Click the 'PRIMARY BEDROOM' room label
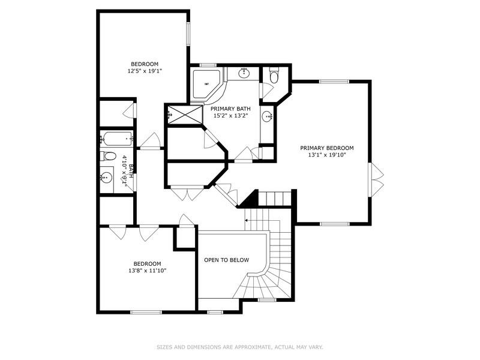click(x=326, y=148)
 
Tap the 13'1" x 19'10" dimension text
click(x=326, y=155)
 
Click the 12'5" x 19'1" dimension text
click(x=145, y=71)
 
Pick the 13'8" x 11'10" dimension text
click(x=147, y=271)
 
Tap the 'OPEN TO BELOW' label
click(x=226, y=260)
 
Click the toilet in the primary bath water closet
click(x=274, y=76)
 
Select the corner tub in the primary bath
click(x=206, y=85)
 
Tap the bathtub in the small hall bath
click(x=116, y=139)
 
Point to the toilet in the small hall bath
click(x=108, y=157)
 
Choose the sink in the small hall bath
click(x=107, y=178)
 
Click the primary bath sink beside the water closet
click(x=244, y=74)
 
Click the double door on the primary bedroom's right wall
click(x=377, y=179)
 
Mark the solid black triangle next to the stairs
click(x=251, y=200)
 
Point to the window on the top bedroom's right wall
click(x=188, y=34)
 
